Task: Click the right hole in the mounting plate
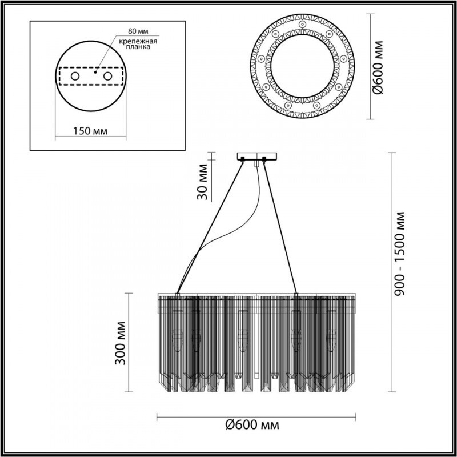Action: click(x=107, y=75)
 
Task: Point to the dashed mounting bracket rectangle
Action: click(x=91, y=85)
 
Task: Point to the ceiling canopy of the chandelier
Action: click(x=256, y=156)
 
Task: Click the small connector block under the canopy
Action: click(x=257, y=163)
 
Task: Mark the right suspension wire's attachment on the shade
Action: click(x=296, y=295)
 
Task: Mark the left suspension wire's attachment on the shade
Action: click(x=178, y=295)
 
